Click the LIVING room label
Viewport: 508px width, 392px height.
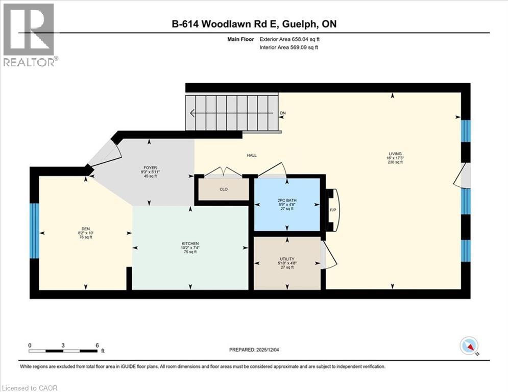pos(395,154)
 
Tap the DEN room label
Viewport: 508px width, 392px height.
pos(85,229)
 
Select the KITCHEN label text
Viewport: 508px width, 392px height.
pos(189,243)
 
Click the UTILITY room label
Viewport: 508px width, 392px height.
pos(287,259)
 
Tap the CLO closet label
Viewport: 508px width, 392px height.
pos(223,189)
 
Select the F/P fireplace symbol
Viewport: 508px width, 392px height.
pos(332,210)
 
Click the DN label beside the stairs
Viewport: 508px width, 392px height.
pos(283,113)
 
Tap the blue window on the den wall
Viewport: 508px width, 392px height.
pos(34,231)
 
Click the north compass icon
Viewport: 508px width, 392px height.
pos(468,346)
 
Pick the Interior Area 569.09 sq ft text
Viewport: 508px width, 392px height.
pos(289,47)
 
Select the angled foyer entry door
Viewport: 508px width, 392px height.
pos(105,152)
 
